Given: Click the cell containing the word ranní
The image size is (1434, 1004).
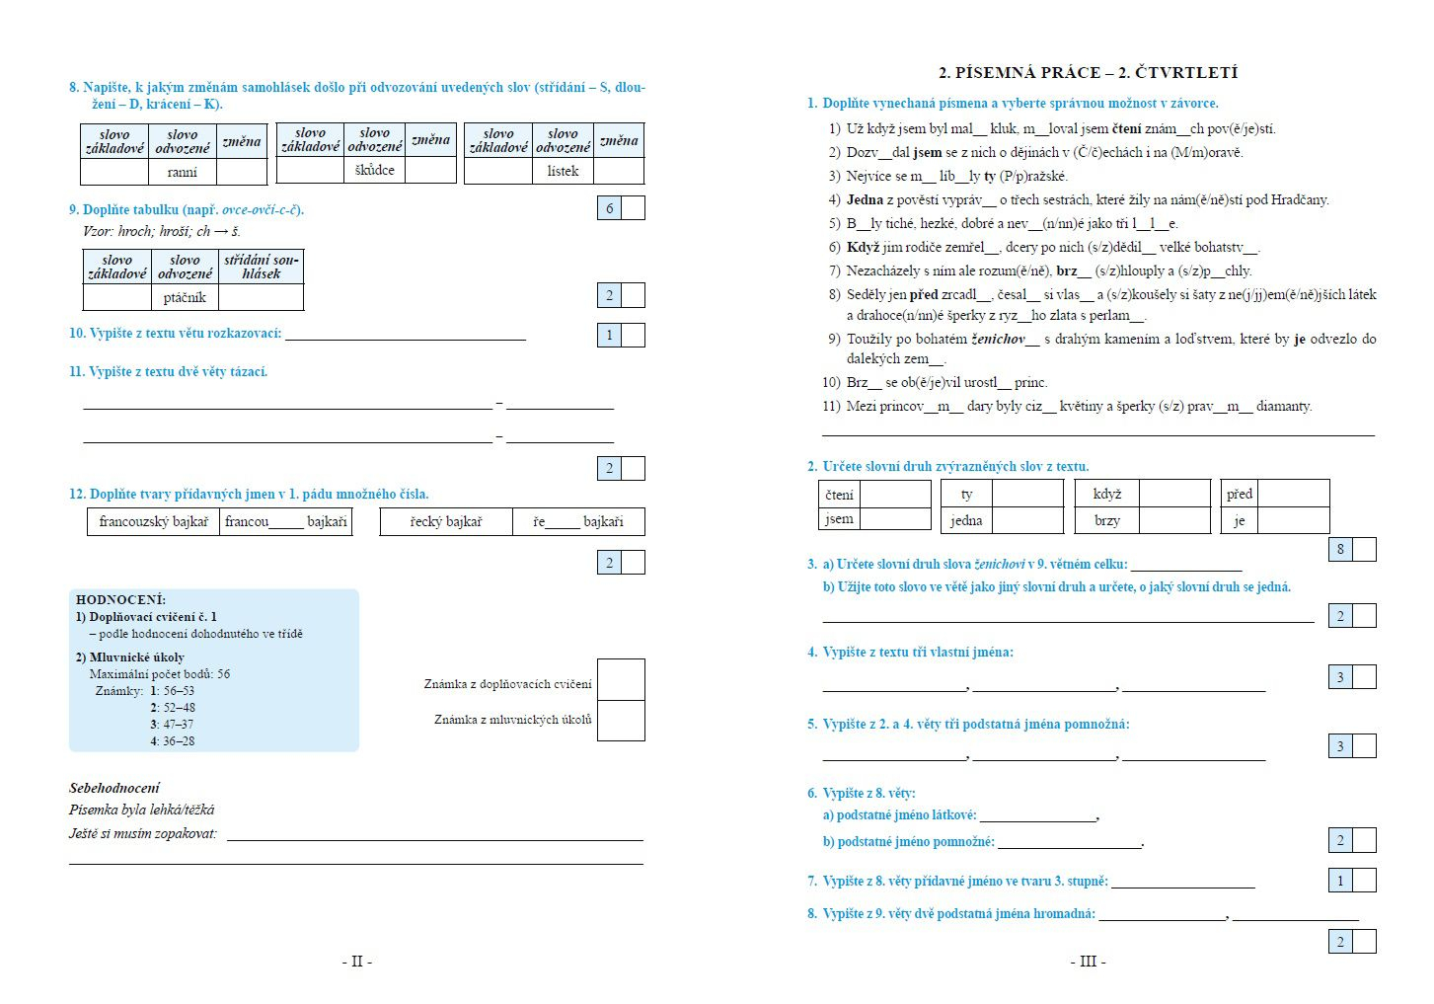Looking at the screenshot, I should pos(183,172).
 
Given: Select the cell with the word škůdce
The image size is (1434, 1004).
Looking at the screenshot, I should pos(375,170).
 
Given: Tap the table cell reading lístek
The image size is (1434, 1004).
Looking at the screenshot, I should pos(563,171).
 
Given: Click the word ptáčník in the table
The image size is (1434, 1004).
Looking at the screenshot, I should pos(185,297).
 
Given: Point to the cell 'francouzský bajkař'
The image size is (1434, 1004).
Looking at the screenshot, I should pos(153,521).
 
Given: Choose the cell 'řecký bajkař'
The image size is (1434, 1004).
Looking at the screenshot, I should pos(446,521).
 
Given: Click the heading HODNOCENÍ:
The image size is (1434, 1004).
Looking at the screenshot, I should pos(120,599).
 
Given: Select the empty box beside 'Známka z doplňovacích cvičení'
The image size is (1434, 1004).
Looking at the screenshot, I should pos(621,680).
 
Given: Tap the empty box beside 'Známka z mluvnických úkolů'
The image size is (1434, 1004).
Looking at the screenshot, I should pos(621,721).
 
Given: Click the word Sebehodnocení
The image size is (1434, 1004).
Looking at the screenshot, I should pos(114,788).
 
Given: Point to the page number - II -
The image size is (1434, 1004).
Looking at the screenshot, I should pos(357,961).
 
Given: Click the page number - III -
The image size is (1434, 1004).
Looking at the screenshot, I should pos(1088,961).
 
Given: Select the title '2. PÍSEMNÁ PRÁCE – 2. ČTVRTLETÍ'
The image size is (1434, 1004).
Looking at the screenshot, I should pos(1088,72).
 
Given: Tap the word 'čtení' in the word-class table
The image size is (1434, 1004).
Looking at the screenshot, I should pos(840,495).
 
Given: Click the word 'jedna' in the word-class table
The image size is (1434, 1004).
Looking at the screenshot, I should pos(966,520).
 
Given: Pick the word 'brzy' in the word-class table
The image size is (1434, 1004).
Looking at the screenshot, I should pos(1107,520).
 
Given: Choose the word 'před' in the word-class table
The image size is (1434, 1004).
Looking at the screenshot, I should pos(1240,494).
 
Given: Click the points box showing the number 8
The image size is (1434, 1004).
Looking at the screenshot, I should pos(1340,550).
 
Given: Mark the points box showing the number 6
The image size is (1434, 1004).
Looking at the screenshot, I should pos(610,208).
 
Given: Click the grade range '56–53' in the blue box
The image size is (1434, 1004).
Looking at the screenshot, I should pos(179,691).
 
